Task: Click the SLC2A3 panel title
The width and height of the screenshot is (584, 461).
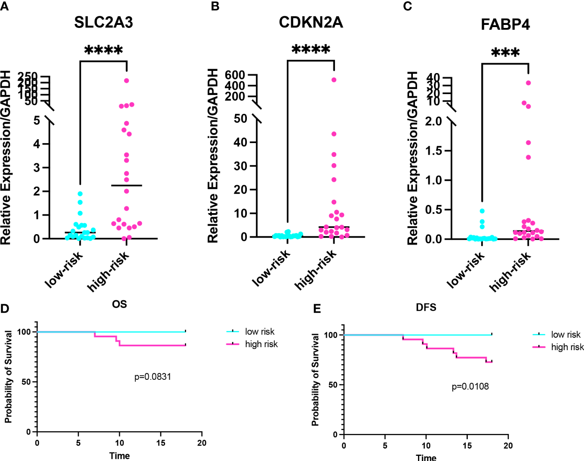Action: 103,22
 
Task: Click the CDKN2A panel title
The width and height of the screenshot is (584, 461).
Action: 310,22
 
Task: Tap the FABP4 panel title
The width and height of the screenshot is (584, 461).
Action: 505,24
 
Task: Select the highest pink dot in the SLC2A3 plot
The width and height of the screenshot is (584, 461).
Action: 126,80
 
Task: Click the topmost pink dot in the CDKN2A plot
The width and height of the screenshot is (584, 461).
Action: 334,80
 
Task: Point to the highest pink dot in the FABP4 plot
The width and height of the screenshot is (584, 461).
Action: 528,83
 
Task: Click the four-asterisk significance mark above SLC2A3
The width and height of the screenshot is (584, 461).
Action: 103,51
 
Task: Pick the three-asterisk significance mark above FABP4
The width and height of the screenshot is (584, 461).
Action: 505,54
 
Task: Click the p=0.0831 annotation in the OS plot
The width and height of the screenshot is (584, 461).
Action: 153,377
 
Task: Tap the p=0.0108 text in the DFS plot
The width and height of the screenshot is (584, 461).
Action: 470,386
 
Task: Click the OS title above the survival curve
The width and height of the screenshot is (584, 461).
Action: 119,304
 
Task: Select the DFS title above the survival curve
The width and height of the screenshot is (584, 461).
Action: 426,307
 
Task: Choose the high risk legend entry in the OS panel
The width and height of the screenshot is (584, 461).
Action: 261,344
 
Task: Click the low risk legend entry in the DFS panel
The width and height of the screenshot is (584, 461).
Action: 566,334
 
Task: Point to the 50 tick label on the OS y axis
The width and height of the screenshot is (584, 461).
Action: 26,382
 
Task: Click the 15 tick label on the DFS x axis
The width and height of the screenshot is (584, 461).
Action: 467,446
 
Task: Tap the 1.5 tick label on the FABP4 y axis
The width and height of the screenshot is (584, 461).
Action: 433,151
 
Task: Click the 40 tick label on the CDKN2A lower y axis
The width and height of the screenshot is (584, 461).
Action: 240,142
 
